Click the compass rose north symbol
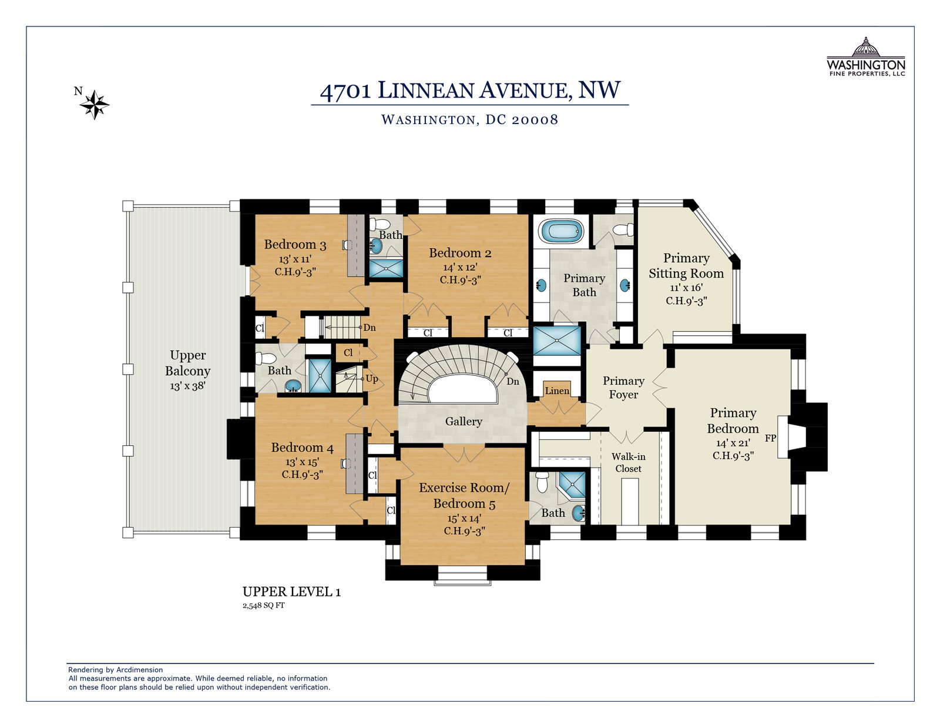[95, 104]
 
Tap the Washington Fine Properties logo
[865, 56]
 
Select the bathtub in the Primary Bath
[561, 231]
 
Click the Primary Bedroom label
[733, 421]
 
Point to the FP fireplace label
[770, 438]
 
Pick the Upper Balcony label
[188, 363]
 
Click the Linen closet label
[557, 391]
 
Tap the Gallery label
[464, 421]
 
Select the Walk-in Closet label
[628, 462]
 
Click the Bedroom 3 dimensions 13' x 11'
[296, 259]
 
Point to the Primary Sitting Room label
[686, 265]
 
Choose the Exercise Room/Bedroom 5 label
[464, 495]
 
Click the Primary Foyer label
[623, 388]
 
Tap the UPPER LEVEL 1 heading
[291, 592]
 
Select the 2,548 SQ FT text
[263, 605]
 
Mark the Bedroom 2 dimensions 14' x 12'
[460, 267]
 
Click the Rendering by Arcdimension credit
[116, 670]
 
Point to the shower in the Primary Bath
[557, 341]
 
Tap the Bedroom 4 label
[303, 447]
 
